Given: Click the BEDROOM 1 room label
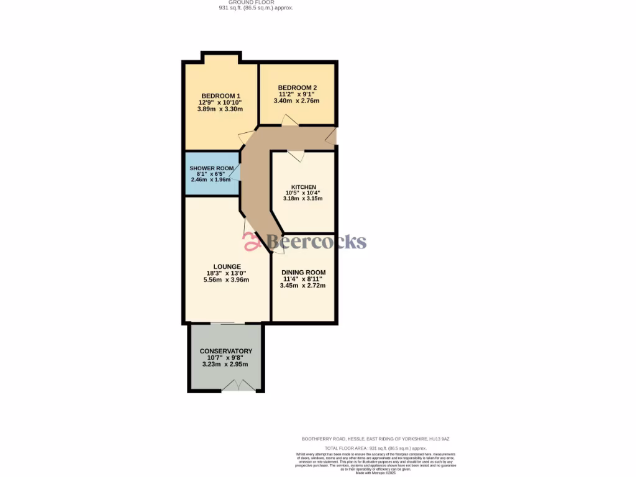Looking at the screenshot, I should click(x=220, y=96).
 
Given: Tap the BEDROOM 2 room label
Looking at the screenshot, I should click(x=298, y=88).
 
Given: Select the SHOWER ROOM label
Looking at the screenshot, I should click(x=212, y=168).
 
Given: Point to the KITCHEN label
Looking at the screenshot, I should click(x=304, y=187).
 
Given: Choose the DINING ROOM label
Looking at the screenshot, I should click(x=303, y=273).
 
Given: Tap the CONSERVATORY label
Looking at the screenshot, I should click(x=226, y=351).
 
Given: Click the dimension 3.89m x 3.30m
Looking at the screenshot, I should click(x=220, y=109).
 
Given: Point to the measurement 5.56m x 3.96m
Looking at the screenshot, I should click(x=226, y=280).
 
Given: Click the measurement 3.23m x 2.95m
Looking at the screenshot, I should click(x=226, y=365).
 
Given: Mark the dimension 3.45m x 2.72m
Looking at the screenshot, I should click(x=303, y=286).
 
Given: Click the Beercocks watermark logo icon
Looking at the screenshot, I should click(x=252, y=241).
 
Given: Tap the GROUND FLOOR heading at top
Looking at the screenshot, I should click(x=256, y=2).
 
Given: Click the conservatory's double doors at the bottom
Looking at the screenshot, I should click(x=238, y=386).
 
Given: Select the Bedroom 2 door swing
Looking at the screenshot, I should click(x=289, y=120).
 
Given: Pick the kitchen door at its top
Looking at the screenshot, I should click(x=295, y=155).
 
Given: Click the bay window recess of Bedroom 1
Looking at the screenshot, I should click(x=220, y=58).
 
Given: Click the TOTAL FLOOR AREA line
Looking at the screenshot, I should click(x=376, y=448).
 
